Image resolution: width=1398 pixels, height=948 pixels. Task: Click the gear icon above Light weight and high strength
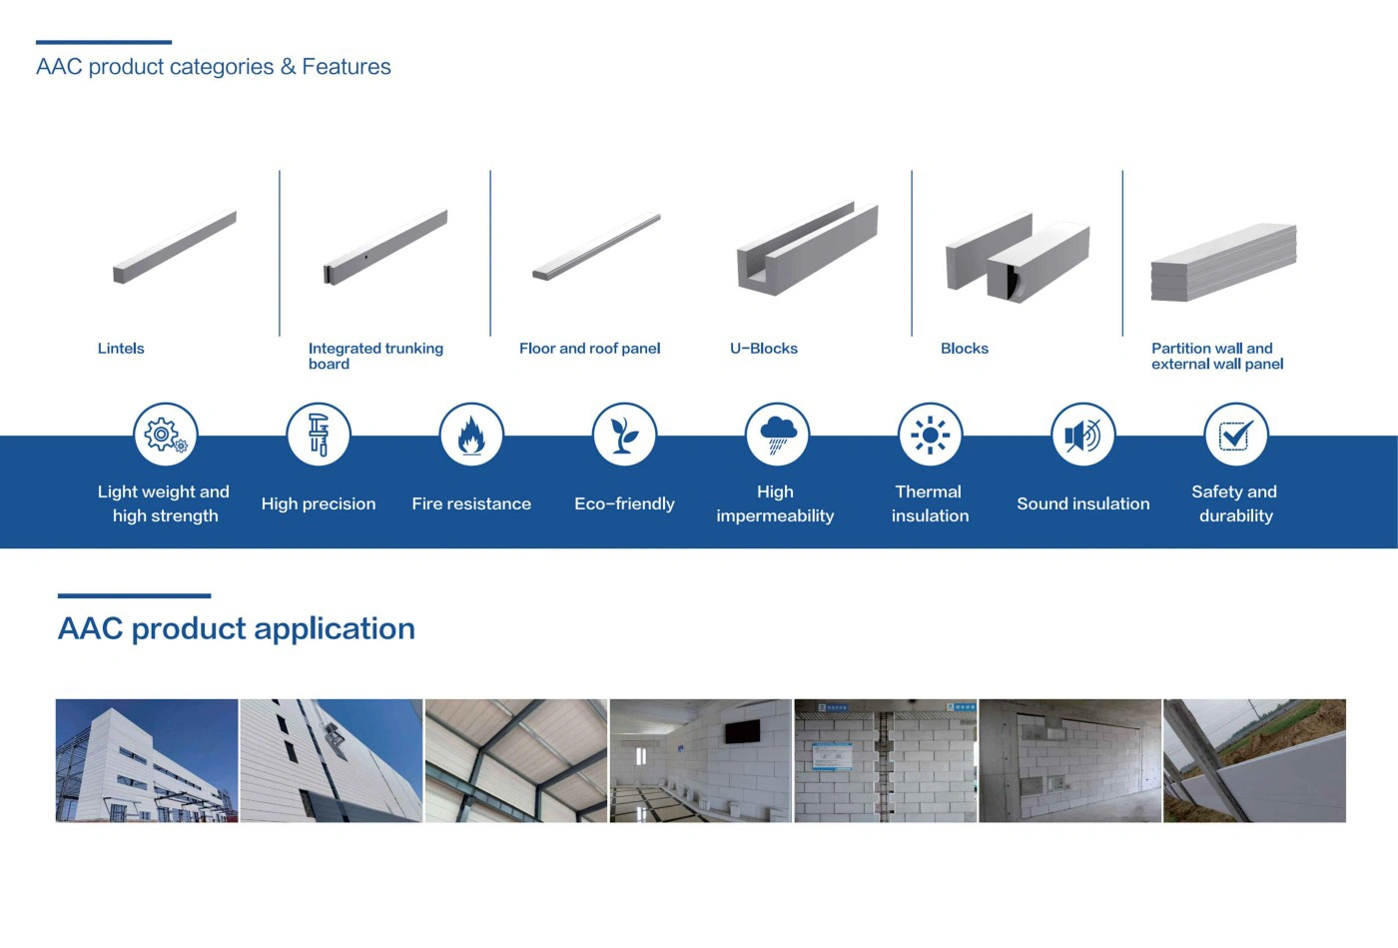pos(166,435)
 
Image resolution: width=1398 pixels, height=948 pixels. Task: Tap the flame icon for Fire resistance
pos(471,435)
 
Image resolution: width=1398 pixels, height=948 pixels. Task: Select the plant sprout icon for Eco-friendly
pos(624,435)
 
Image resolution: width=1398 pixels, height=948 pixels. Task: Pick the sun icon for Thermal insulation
pos(930,435)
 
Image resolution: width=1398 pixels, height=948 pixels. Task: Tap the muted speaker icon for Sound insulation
pos(1082,435)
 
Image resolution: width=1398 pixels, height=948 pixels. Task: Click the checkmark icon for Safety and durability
pos(1236,435)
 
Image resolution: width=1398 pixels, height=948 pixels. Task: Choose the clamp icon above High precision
pos(319,435)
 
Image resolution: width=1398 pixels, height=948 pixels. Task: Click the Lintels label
pos(121,349)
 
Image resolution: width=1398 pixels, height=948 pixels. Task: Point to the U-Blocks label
pos(764,349)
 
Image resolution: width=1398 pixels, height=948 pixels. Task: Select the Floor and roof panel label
pos(590,349)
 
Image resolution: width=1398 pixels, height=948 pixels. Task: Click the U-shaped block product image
pos(808,248)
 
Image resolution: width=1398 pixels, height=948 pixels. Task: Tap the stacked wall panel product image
pos(1224,263)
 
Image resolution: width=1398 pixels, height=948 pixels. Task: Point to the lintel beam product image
pos(175,247)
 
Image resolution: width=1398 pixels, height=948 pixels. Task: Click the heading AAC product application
pos(237,628)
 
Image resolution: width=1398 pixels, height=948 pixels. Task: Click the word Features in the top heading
pos(347,66)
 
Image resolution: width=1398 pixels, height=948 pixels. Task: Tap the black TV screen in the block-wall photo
pos(743,730)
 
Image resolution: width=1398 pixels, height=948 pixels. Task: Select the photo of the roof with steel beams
pos(516,760)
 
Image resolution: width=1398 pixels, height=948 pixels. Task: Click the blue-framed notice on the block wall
pos(833,756)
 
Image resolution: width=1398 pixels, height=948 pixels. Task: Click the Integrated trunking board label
pos(375,356)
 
